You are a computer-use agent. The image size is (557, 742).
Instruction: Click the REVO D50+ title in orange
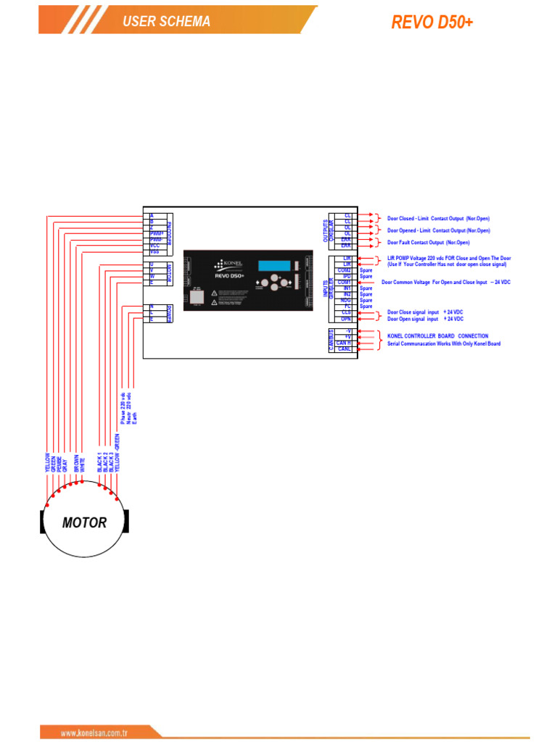[432, 22]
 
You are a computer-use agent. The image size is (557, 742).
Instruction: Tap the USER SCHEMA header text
[166, 22]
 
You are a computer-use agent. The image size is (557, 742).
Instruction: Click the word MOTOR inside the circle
[84, 522]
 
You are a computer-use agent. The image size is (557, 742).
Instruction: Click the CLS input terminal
[347, 312]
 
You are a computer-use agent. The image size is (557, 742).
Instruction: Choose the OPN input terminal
[347, 318]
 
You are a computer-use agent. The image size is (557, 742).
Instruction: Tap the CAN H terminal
[344, 343]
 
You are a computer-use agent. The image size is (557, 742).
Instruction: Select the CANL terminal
[344, 349]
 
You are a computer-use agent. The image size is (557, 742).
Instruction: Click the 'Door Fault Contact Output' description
[428, 242]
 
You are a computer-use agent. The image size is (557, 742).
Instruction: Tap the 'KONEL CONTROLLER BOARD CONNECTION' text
[437, 336]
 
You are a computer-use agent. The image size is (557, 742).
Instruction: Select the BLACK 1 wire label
[99, 462]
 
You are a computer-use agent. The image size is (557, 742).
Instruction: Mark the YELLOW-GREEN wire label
[117, 452]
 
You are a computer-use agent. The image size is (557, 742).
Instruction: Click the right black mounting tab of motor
[127, 521]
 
